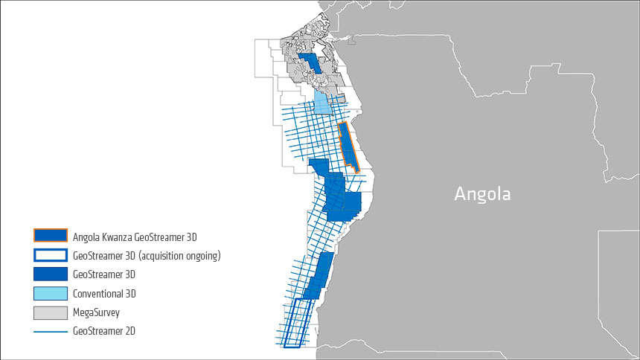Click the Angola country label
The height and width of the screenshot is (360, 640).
click(483, 195)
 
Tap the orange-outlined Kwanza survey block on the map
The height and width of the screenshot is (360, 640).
click(348, 147)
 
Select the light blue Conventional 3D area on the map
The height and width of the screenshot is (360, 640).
click(323, 102)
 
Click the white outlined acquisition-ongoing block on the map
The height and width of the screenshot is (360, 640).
click(295, 323)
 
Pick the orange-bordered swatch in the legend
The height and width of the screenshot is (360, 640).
click(51, 237)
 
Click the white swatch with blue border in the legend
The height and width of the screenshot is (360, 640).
click(51, 255)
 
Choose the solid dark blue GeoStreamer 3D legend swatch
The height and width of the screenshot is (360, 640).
click(51, 274)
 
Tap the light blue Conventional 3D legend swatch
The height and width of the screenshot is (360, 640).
click(51, 293)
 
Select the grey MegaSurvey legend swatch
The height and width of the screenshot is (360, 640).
click(51, 312)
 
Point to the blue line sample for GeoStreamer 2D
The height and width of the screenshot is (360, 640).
click(51, 331)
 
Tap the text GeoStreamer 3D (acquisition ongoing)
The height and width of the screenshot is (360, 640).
click(147, 256)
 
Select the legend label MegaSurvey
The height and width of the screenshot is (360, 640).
click(97, 312)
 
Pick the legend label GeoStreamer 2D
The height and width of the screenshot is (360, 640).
click(104, 331)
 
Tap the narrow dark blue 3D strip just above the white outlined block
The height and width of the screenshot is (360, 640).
click(318, 276)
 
